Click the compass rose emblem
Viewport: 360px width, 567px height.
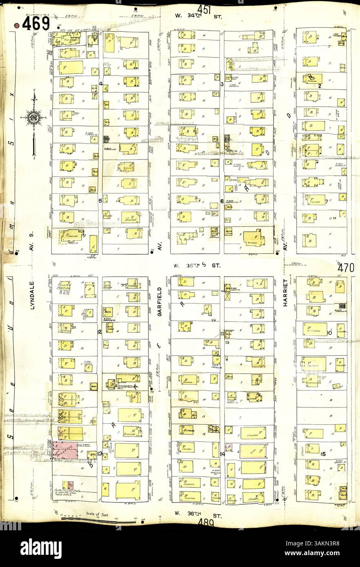click(x=34, y=118)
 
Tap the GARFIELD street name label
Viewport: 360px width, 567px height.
click(x=160, y=303)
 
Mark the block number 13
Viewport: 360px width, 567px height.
click(x=99, y=453)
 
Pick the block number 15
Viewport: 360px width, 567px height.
click(x=323, y=454)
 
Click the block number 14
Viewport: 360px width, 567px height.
click(x=223, y=454)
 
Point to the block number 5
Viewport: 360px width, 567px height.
click(x=100, y=201)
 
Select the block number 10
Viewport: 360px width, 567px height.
click(x=329, y=333)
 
